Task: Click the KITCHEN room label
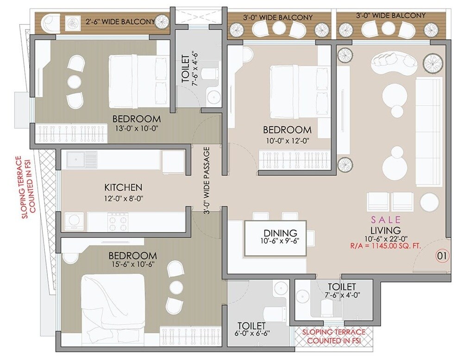point(123,188)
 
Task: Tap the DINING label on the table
point(277,233)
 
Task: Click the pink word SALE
point(385,219)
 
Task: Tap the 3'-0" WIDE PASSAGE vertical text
point(207,181)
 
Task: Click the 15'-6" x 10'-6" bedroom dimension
point(132,265)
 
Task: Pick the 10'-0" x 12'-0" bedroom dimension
point(287,139)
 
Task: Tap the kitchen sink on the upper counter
point(81,159)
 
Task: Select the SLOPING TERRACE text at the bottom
point(333,336)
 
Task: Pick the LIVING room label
point(385,230)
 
